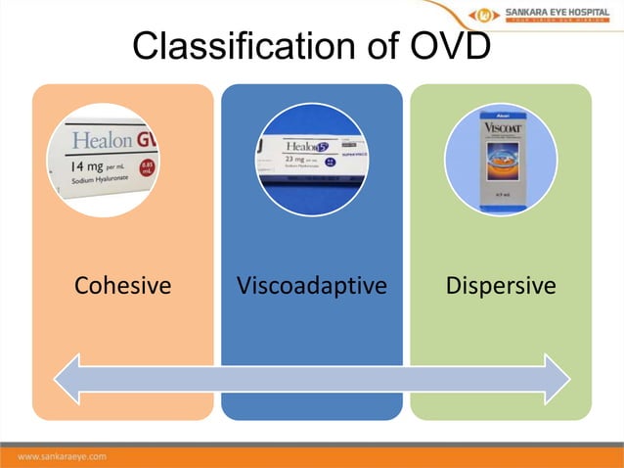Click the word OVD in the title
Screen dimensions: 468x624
point(442,45)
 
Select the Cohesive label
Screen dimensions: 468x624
point(122,286)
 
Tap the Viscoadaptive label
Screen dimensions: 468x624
point(312,286)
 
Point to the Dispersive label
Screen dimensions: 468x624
point(501,286)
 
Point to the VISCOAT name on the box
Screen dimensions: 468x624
point(500,127)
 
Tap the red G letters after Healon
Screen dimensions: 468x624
point(149,138)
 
